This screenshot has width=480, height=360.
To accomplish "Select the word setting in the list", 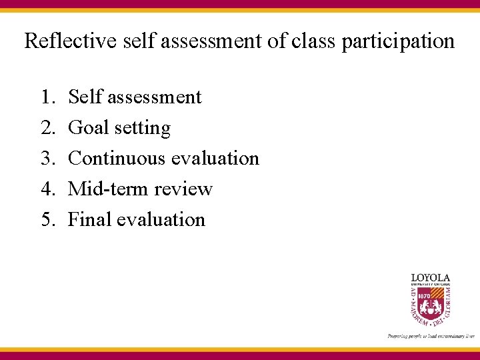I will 142,128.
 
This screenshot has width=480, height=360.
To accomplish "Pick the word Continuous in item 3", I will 117,159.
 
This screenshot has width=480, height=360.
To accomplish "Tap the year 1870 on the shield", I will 422,295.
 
